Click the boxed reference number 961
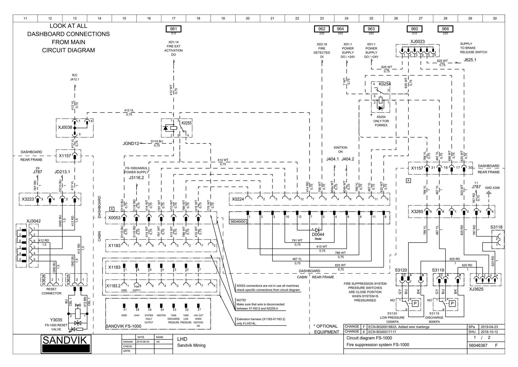(174, 29)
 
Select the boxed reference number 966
(445, 29)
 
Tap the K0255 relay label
(186, 123)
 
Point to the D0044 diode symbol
(318, 230)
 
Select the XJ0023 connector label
(417, 42)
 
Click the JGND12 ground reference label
(131, 143)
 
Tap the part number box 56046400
(238, 222)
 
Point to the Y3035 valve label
(56, 320)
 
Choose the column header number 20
(248, 18)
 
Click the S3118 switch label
(496, 227)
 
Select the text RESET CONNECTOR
(51, 291)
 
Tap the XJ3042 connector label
(33, 221)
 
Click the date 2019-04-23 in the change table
(489, 327)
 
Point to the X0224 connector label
(238, 199)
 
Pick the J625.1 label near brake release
(470, 60)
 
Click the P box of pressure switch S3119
(452, 303)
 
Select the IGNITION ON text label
(340, 150)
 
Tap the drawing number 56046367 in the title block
(478, 345)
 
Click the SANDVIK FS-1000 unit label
(123, 326)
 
